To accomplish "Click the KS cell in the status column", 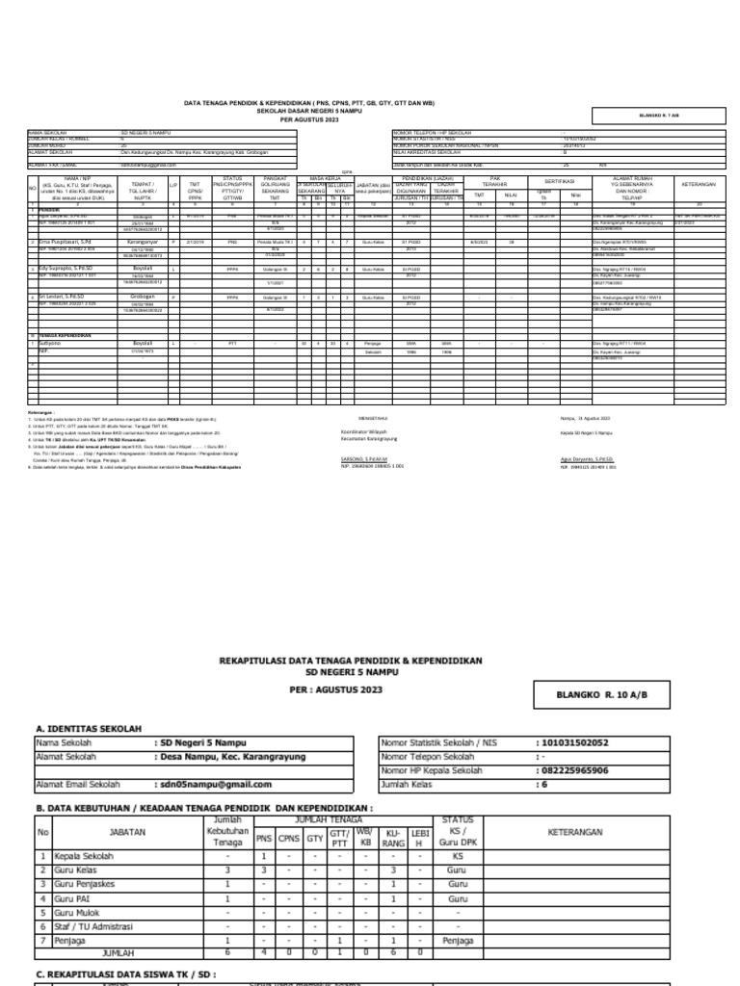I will [458, 855].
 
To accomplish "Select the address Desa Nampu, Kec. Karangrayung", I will [230, 757].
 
